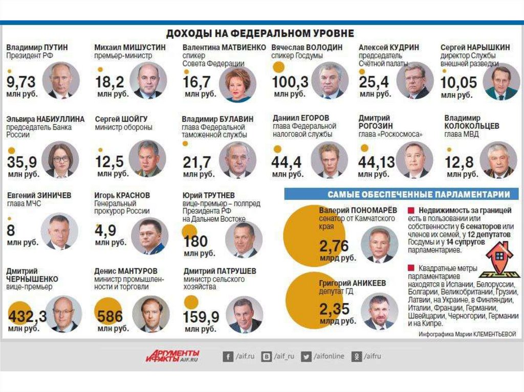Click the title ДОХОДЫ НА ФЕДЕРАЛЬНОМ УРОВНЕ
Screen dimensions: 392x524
click(x=259, y=33)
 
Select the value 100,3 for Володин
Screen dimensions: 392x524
click(x=290, y=82)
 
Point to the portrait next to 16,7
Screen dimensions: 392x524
click(x=237, y=84)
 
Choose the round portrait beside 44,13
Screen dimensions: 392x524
click(x=414, y=160)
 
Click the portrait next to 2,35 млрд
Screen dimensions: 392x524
click(x=379, y=311)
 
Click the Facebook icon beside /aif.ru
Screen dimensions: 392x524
click(x=228, y=356)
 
